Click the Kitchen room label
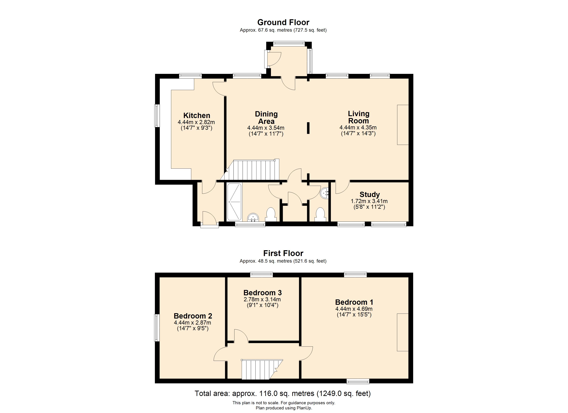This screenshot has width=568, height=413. (x=197, y=115)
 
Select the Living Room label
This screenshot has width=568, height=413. (x=358, y=117)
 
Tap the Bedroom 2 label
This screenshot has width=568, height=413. (x=193, y=316)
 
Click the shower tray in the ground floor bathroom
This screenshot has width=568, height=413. (x=234, y=202)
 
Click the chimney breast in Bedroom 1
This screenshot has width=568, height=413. (x=402, y=332)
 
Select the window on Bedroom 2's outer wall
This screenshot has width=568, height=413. (x=157, y=328)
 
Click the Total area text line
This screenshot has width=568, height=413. (x=282, y=393)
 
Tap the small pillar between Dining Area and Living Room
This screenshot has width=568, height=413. (x=308, y=128)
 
